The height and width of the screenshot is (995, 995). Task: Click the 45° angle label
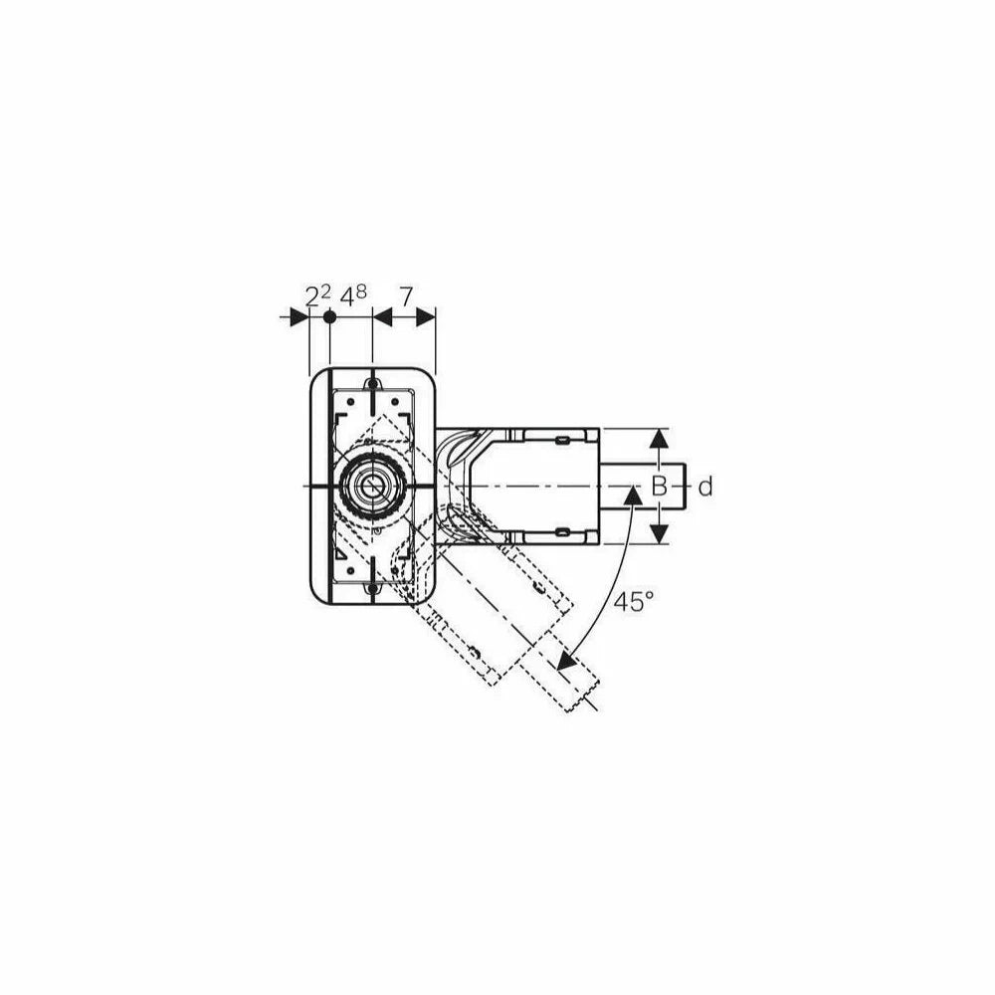click(633, 600)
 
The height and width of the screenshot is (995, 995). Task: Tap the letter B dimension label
click(660, 487)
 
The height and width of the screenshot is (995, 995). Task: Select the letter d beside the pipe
click(705, 487)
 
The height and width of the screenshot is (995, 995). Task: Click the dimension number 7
click(406, 296)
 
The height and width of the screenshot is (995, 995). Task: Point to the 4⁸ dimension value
click(353, 296)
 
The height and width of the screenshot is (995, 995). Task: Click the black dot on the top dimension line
click(329, 316)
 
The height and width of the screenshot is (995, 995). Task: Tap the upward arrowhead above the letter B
click(660, 439)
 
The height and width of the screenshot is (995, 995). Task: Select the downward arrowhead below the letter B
click(660, 533)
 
